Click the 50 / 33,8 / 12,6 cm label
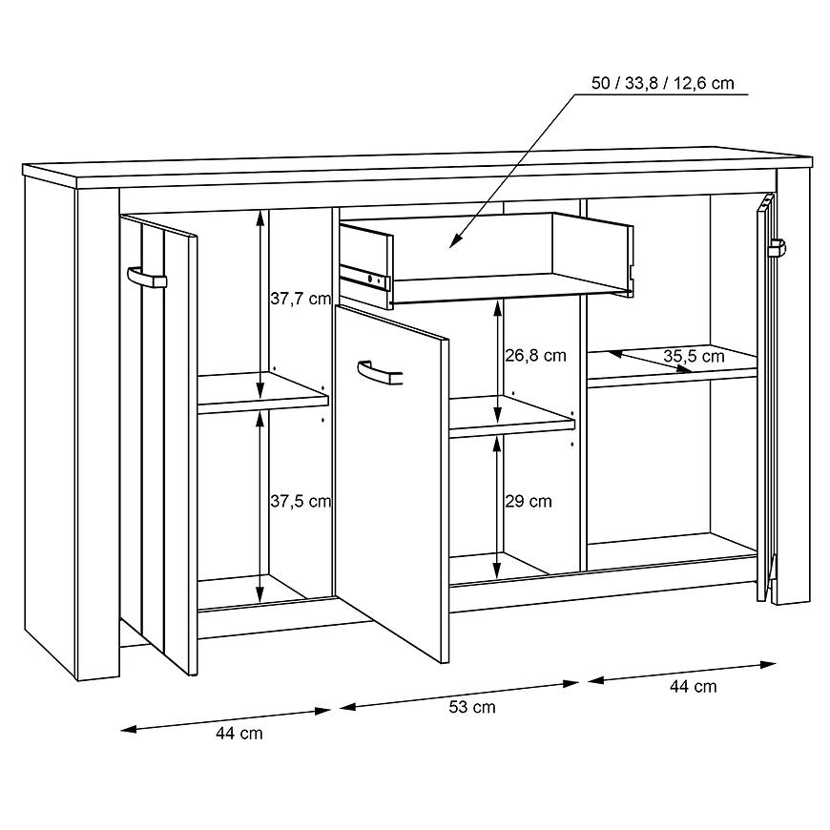663,84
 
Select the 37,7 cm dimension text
301,299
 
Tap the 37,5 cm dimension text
301,501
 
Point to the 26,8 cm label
535,355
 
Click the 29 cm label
528,501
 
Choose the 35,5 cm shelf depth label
694,356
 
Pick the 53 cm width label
472,707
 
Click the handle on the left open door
147,278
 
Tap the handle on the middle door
380,373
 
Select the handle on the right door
778,248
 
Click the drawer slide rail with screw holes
364,277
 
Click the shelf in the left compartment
263,392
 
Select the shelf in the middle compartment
512,417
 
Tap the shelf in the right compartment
673,366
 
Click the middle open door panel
392,482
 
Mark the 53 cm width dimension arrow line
459,695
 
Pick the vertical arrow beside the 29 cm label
496,508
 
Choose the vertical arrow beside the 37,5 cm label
259,508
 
